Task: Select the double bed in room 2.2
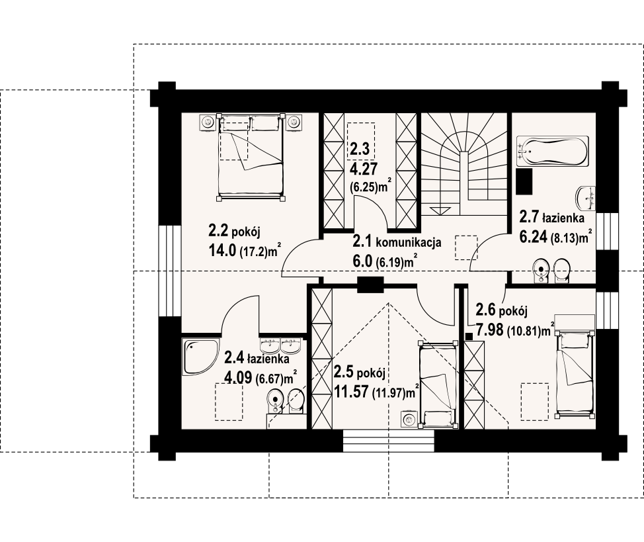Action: [x=251, y=158]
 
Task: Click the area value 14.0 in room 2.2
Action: [x=223, y=250]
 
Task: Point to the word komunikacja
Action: [x=409, y=242]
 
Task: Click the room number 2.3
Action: [x=360, y=149]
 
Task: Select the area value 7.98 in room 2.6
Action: [x=490, y=330]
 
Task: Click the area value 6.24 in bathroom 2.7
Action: [x=534, y=237]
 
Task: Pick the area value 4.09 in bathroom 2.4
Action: [x=238, y=377]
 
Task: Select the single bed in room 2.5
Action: [x=438, y=385]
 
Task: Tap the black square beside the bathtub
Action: [x=524, y=181]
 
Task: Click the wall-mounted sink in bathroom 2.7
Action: [x=585, y=199]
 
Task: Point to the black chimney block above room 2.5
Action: [x=370, y=285]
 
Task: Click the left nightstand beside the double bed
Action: [x=208, y=122]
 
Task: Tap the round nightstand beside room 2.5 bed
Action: [x=409, y=420]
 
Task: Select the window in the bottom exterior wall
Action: [x=389, y=441]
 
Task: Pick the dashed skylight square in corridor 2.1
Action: [x=466, y=248]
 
